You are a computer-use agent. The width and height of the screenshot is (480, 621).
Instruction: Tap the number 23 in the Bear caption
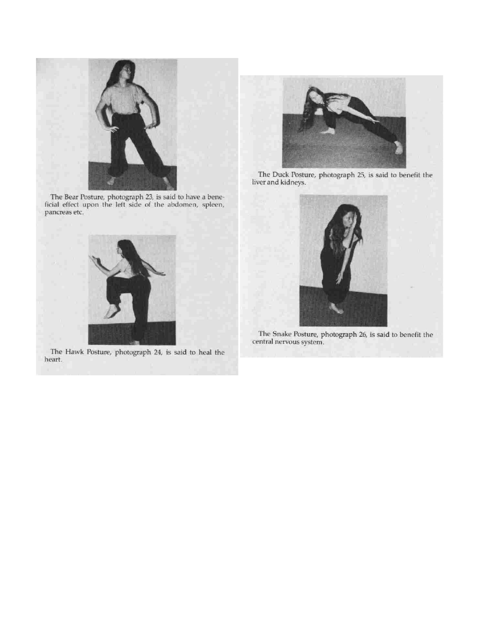pos(149,197)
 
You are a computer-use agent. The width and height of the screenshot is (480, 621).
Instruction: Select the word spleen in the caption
pos(213,205)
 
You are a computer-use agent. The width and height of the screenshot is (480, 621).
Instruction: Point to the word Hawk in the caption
pos(74,352)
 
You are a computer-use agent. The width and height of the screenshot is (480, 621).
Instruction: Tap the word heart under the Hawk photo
pos(53,360)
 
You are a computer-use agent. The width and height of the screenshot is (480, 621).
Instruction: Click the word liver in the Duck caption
pos(259,182)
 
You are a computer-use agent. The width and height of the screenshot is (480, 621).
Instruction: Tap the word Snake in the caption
pos(282,334)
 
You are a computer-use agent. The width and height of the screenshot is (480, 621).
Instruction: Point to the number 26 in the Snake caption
pos(363,334)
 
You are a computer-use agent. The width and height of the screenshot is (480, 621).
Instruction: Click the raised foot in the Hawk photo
pos(112,312)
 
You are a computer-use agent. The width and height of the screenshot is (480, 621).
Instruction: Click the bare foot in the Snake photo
pos(336,308)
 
